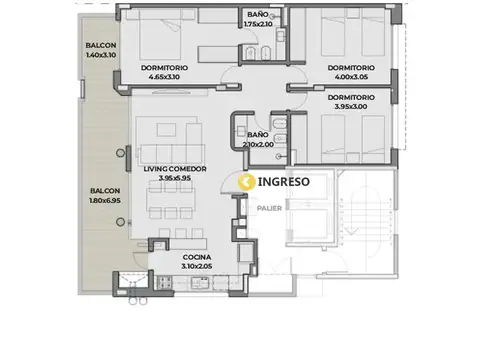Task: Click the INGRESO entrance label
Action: coord(284,182)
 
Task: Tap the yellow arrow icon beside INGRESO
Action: coord(246,182)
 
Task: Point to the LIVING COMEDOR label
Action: coord(175,169)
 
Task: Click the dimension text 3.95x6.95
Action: coord(175,179)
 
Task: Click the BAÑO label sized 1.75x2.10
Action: coord(257,14)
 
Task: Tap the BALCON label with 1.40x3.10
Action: coord(102,47)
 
